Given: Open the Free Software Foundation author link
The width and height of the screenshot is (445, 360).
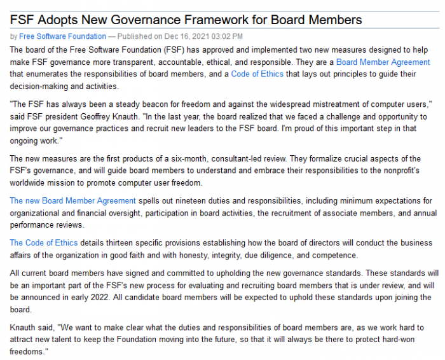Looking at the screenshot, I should coord(62,36).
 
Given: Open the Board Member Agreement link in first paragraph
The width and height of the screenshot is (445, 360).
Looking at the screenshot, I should coord(383,62).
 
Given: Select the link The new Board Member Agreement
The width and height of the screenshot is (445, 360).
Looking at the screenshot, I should coord(72,201).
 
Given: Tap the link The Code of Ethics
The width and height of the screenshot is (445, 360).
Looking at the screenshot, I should coord(44,243).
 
